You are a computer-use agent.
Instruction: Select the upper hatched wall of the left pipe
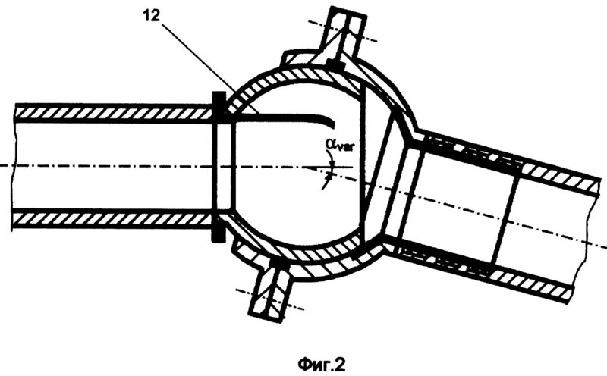pyautogui.click(x=114, y=111)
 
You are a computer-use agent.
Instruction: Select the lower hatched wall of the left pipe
pyautogui.click(x=114, y=219)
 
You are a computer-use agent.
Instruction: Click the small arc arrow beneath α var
pyautogui.click(x=327, y=176)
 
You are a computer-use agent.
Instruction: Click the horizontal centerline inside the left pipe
pyautogui.click(x=114, y=165)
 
